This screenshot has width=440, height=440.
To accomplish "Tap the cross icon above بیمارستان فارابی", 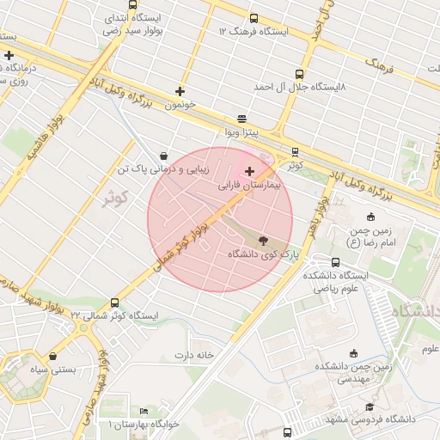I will tap(250, 172).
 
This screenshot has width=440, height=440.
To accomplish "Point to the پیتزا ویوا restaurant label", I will tap(241, 133).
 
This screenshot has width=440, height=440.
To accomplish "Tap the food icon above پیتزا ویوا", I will tap(241, 119).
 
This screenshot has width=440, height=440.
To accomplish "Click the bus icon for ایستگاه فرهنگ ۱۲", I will tap(253, 19).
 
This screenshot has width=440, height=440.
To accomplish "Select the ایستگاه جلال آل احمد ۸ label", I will tap(299, 87).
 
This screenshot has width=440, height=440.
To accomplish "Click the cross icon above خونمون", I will tap(180, 91).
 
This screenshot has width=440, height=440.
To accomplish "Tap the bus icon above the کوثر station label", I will tap(296, 151).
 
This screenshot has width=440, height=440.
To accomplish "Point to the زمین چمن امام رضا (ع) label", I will tap(370, 236).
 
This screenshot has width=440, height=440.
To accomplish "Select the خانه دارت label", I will tap(193, 354).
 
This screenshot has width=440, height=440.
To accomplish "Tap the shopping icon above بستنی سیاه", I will tap(53, 356).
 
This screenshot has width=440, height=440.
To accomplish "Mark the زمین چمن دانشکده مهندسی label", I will tap(352, 372).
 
